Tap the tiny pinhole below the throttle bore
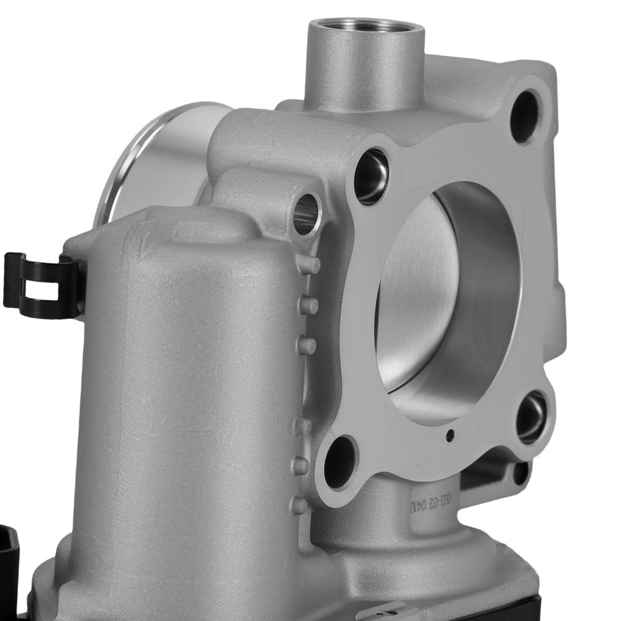point(450,434)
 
